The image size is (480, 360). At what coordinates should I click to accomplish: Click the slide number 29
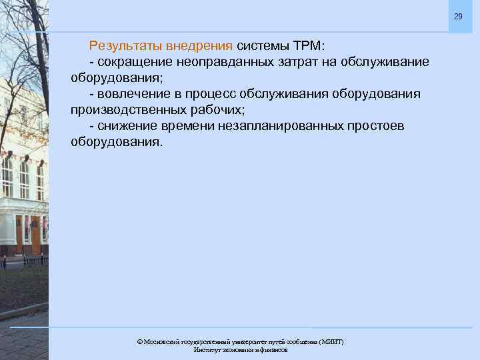point(457,17)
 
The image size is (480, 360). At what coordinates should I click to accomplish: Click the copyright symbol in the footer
point(140,341)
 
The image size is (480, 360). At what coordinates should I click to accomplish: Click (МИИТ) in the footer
point(331,341)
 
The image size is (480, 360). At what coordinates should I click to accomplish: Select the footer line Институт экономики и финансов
point(241,350)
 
